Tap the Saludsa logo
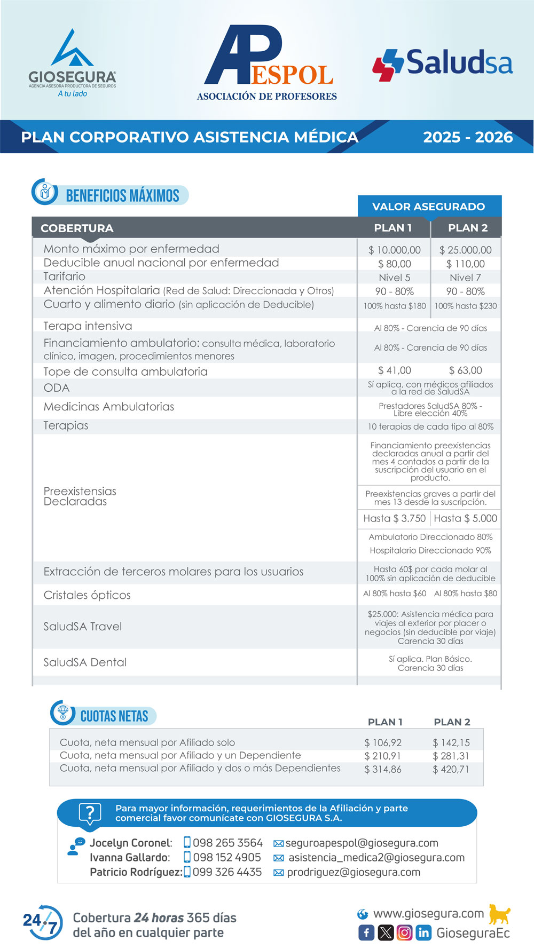(x=443, y=64)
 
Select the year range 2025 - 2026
(x=468, y=137)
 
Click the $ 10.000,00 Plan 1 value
(x=395, y=250)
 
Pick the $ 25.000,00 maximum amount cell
(x=466, y=250)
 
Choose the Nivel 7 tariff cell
(x=466, y=278)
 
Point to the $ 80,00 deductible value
(x=395, y=264)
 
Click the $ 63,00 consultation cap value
(x=466, y=370)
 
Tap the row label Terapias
(x=66, y=425)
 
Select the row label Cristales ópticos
(x=87, y=595)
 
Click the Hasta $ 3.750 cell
(x=395, y=518)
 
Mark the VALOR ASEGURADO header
(x=429, y=207)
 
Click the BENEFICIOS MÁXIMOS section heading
(x=122, y=196)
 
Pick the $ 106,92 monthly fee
(x=383, y=742)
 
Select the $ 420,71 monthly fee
(x=451, y=769)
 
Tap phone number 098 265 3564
(x=227, y=843)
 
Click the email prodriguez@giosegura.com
(x=354, y=872)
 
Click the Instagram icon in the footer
(x=405, y=932)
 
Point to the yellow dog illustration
(x=499, y=914)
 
